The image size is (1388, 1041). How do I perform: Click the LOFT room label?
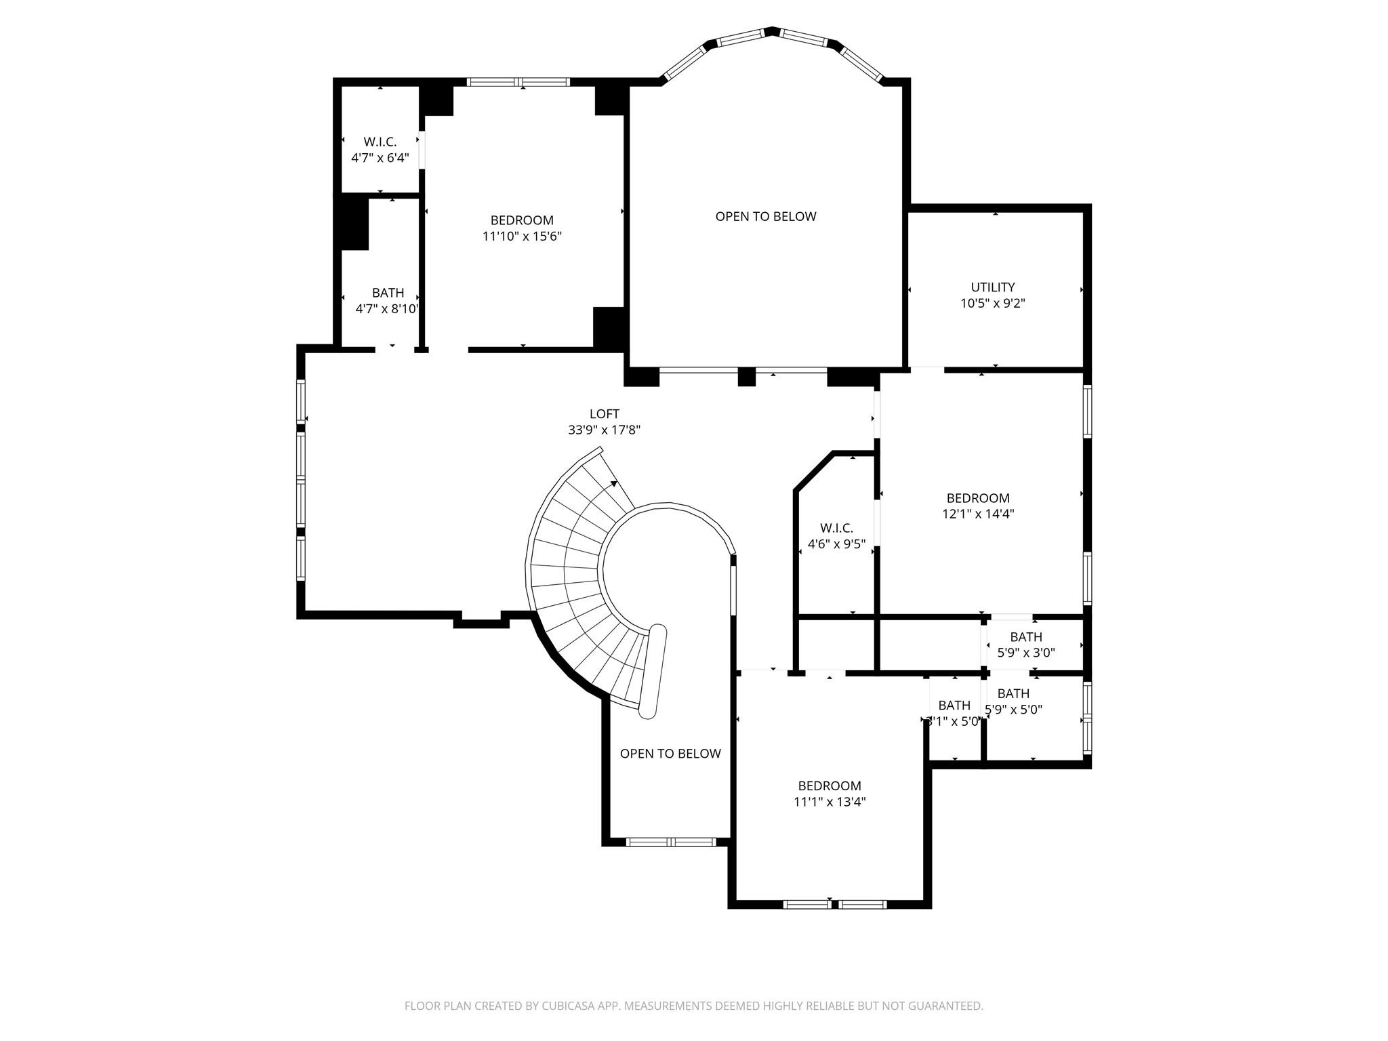coord(604,414)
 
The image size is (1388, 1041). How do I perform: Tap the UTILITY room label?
coord(992,287)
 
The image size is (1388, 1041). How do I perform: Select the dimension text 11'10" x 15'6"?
coord(522,237)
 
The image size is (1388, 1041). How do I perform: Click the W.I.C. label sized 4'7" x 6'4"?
coord(380,142)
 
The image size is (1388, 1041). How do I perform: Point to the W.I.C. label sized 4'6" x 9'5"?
coord(836,528)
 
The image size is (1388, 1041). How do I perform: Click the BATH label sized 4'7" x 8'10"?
coord(388,293)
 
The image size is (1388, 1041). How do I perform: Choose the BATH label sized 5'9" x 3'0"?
coord(1025,637)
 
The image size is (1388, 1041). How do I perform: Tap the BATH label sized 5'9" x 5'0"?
coord(1013,694)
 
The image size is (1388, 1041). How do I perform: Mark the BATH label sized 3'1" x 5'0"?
coord(954,706)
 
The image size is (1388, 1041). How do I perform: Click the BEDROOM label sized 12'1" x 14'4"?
coord(977,498)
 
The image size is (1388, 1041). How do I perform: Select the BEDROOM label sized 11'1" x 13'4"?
coord(829,786)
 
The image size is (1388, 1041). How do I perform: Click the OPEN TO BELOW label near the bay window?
coord(766,217)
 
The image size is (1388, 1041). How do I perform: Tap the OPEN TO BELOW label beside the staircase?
coord(670,754)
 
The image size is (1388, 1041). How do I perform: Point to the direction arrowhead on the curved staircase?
coord(614,484)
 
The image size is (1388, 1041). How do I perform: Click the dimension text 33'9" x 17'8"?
coord(604,430)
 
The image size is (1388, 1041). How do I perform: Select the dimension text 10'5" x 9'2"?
coord(992,304)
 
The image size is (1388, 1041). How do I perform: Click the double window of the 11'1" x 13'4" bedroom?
coord(834,904)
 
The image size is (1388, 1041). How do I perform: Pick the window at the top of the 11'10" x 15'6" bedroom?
coord(518,83)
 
